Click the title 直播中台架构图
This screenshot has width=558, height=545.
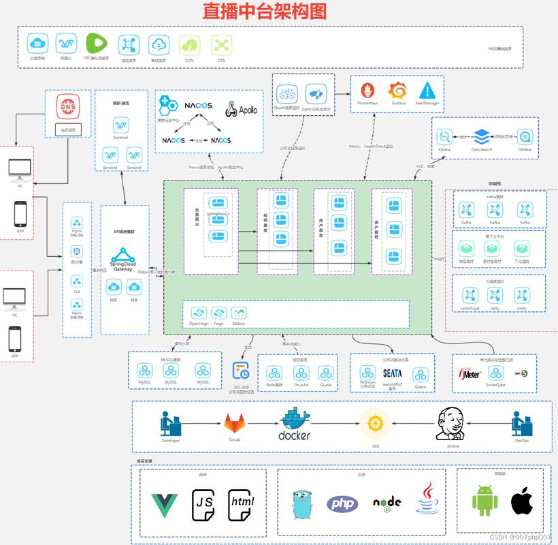[x=265, y=12]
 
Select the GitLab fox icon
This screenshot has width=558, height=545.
[x=235, y=423]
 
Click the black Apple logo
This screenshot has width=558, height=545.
[x=521, y=501]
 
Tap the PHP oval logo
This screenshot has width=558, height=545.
[x=342, y=503]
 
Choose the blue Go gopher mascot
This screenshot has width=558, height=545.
[x=302, y=505]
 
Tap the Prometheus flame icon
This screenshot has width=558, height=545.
[x=369, y=91]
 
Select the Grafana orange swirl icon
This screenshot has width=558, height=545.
[x=397, y=90]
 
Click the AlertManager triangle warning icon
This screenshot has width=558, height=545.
[x=427, y=90]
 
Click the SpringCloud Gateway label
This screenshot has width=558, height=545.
[x=123, y=266]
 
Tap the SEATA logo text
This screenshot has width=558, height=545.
[x=392, y=373]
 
